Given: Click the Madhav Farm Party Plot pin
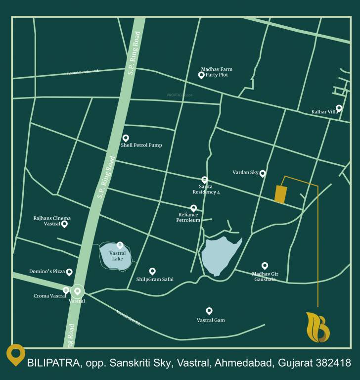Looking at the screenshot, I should click(x=201, y=75).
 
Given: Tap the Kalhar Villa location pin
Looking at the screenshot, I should click(x=339, y=108).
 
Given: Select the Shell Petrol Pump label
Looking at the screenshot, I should click(x=141, y=145).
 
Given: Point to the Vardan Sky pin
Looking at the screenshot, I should click(x=263, y=173).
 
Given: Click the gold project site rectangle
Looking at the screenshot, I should click(x=280, y=194).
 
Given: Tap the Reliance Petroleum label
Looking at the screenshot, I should click(x=188, y=217).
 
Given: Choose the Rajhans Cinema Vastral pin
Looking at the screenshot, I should click(x=64, y=224).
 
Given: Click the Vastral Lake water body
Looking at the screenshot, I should click(x=115, y=256).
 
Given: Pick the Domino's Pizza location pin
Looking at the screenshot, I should click(x=69, y=272).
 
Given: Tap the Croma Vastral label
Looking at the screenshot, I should click(x=49, y=296).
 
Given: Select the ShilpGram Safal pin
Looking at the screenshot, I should click(x=152, y=271).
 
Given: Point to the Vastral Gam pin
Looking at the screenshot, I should click(x=209, y=311).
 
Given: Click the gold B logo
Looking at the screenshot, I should click(x=317, y=328).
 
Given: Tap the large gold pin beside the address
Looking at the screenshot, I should click(x=16, y=354).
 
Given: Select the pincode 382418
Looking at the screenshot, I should click(x=332, y=363).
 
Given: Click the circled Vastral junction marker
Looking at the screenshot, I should click(x=77, y=291).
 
